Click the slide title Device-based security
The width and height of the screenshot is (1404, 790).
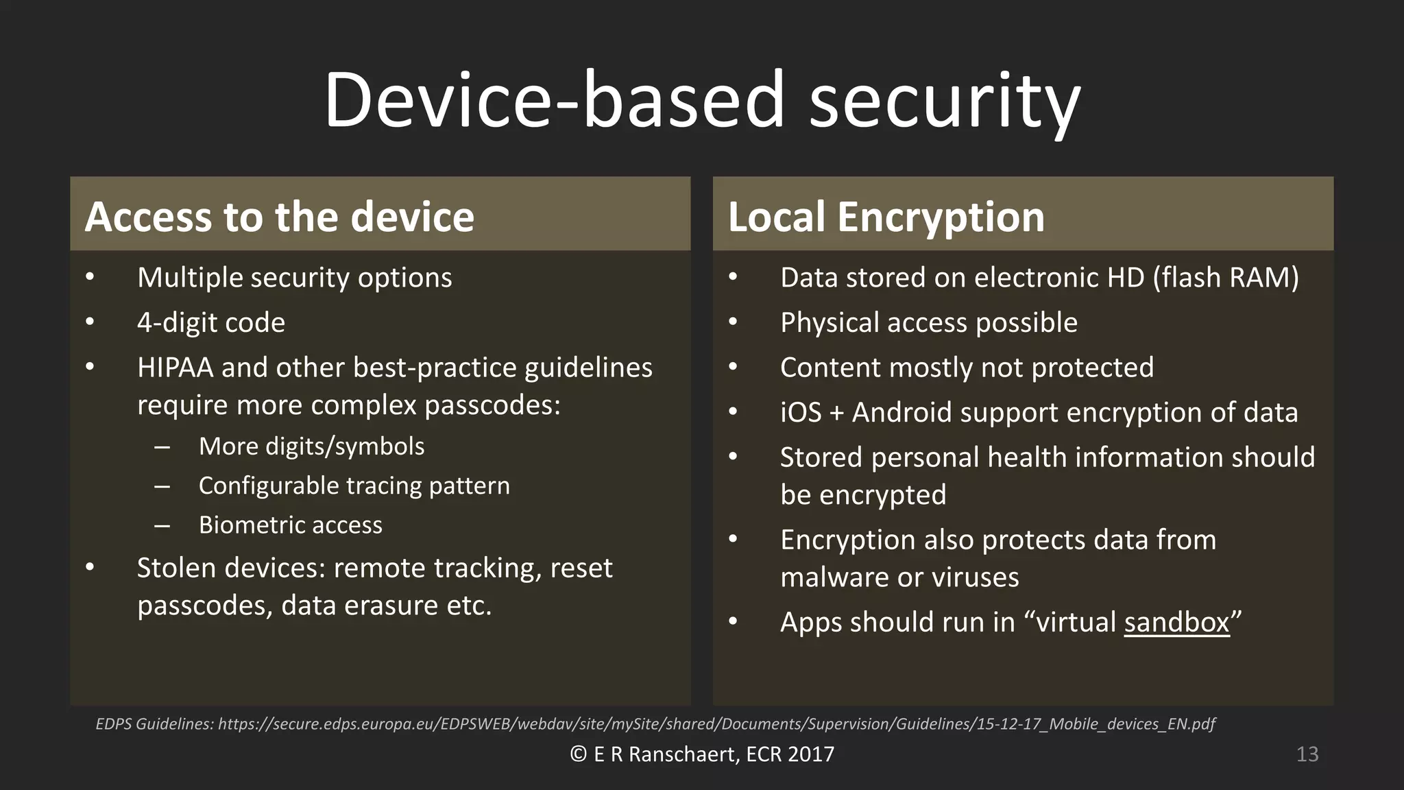702,100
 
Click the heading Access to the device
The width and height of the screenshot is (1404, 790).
280,217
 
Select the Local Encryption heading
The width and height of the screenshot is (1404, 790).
886,217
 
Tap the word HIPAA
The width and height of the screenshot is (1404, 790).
175,368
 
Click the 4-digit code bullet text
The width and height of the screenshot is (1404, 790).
211,322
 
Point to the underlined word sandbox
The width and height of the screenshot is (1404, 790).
1176,623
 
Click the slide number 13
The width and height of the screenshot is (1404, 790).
1307,754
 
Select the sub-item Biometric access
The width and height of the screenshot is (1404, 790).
290,525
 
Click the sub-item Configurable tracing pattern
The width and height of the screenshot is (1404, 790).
354,486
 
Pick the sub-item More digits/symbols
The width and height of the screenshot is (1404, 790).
311,446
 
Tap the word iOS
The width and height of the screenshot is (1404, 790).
800,413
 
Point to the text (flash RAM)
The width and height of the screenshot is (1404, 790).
1226,278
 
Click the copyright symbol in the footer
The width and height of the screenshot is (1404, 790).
578,754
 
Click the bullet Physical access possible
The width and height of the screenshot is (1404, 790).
928,322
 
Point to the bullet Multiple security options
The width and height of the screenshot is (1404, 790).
294,278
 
